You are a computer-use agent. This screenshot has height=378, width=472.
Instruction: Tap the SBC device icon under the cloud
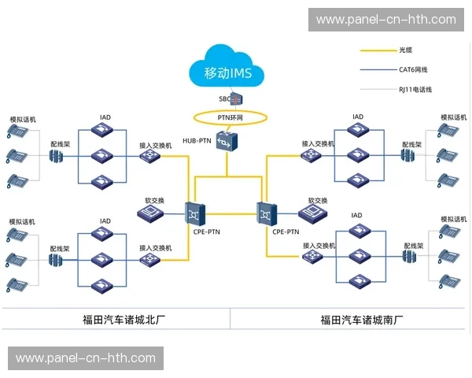[236, 99]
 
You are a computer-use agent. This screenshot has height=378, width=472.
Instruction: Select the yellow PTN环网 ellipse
[230, 117]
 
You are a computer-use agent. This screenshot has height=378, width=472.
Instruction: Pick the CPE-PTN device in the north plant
[195, 212]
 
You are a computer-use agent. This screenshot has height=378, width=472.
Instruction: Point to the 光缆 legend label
[406, 50]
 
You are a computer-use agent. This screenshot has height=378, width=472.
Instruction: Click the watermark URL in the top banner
[385, 20]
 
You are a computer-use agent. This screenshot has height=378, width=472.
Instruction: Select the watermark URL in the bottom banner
[86, 358]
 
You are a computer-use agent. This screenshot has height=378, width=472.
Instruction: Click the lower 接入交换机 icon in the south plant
[314, 257]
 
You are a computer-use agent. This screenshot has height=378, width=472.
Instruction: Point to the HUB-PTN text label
[197, 141]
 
